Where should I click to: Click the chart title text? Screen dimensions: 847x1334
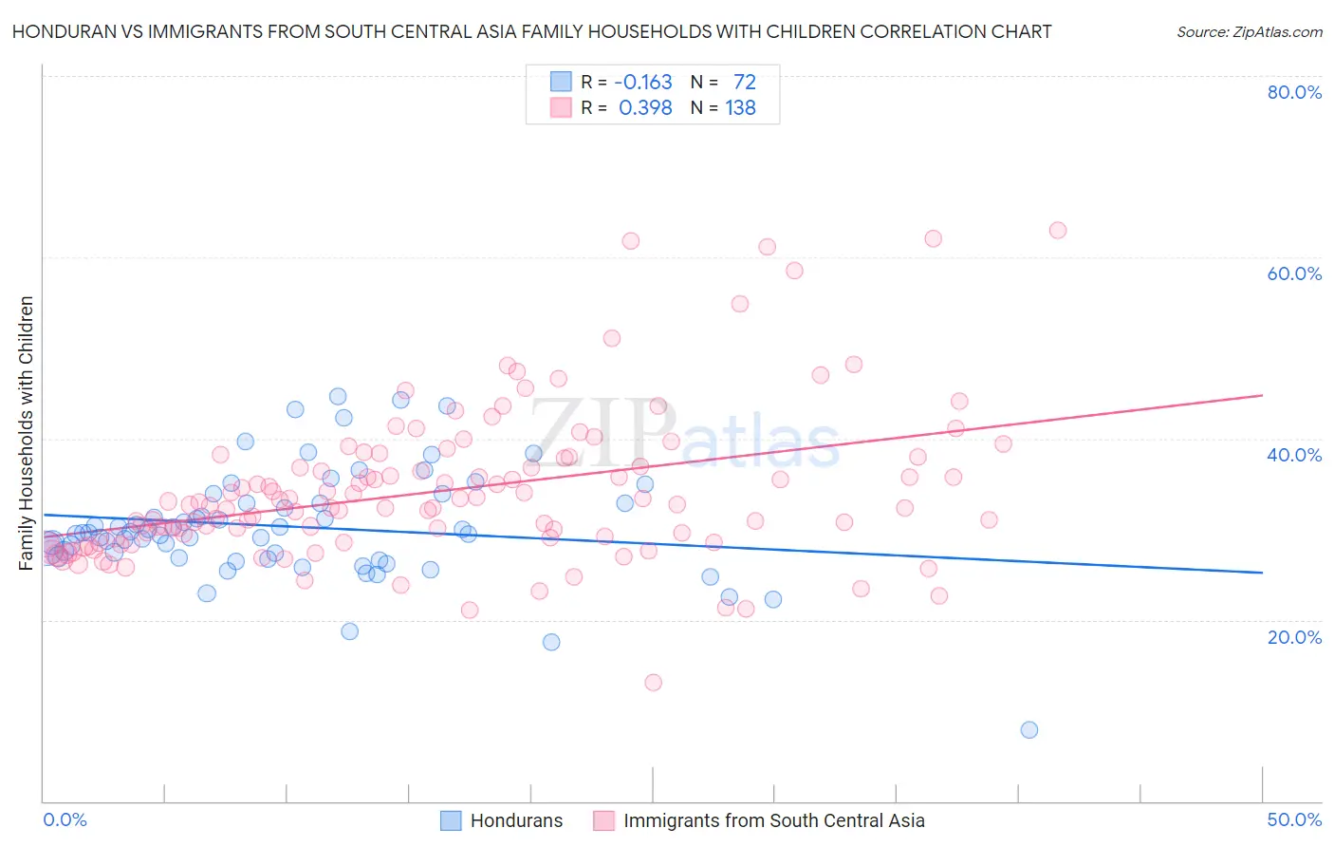[531, 31]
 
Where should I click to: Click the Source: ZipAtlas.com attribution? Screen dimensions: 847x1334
[1249, 31]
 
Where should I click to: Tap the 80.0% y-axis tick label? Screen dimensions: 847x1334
[1294, 92]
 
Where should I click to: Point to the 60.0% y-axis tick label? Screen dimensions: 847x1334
[1294, 273]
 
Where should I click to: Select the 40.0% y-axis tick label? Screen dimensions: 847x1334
[1294, 455]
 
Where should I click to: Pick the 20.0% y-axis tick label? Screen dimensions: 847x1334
[1294, 637]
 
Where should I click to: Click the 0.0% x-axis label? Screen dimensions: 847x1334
[65, 819]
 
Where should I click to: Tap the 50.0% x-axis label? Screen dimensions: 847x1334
[1294, 819]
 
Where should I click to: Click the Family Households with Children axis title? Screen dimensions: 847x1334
[26, 433]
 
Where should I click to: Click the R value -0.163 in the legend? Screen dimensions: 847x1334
[643, 83]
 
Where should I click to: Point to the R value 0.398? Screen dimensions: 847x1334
[645, 108]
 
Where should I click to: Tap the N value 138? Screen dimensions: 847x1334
[740, 108]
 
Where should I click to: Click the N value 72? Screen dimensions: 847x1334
[744, 83]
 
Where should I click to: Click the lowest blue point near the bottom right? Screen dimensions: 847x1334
[1029, 729]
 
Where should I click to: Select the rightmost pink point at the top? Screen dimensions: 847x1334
[1058, 230]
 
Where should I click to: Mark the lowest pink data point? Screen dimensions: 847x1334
[653, 682]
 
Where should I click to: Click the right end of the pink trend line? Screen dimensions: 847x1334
[1262, 395]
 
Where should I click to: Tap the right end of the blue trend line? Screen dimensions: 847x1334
[1262, 573]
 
